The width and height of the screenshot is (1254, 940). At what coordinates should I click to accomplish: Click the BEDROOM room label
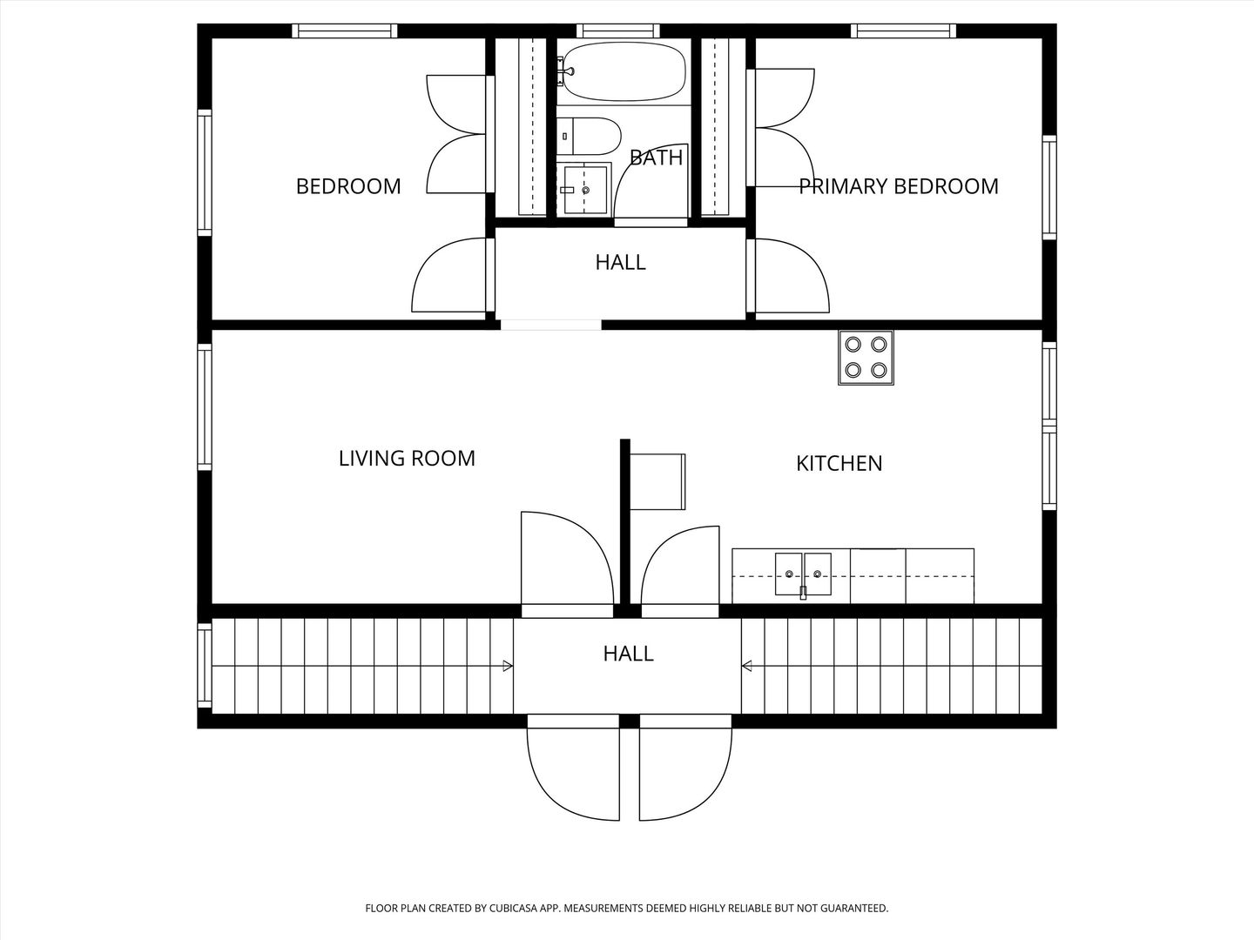click(x=348, y=186)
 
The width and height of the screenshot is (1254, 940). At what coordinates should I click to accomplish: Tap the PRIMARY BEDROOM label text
click(x=898, y=186)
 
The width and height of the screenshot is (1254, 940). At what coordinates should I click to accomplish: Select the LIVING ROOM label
click(x=407, y=459)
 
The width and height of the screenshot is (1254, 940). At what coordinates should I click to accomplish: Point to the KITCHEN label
click(x=839, y=463)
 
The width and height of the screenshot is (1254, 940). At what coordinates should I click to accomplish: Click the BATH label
click(x=656, y=158)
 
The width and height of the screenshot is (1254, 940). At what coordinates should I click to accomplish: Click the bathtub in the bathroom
click(x=624, y=71)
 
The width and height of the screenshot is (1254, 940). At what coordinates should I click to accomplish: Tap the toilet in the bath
click(x=589, y=137)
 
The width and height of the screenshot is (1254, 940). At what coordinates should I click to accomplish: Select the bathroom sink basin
click(x=585, y=190)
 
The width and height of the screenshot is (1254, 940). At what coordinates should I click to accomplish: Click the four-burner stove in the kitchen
click(x=866, y=358)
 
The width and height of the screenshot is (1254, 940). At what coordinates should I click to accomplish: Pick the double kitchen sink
click(x=803, y=574)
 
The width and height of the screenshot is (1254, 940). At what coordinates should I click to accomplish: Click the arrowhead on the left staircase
click(x=508, y=666)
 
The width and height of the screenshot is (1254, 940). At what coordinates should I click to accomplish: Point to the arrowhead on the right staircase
click(x=746, y=666)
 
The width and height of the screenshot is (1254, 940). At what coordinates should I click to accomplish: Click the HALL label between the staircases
click(x=628, y=654)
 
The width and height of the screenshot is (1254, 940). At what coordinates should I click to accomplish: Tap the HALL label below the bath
click(x=620, y=263)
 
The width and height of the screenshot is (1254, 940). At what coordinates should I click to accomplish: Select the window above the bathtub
click(x=617, y=30)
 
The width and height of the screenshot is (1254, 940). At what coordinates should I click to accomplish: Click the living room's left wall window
click(x=205, y=407)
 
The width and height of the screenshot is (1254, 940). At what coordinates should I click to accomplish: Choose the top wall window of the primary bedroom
click(x=903, y=30)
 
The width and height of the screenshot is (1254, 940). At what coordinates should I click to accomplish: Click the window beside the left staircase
click(x=205, y=666)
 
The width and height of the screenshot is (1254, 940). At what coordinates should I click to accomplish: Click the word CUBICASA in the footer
click(x=514, y=908)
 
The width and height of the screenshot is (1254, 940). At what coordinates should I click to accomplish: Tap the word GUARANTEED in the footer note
click(x=854, y=908)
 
